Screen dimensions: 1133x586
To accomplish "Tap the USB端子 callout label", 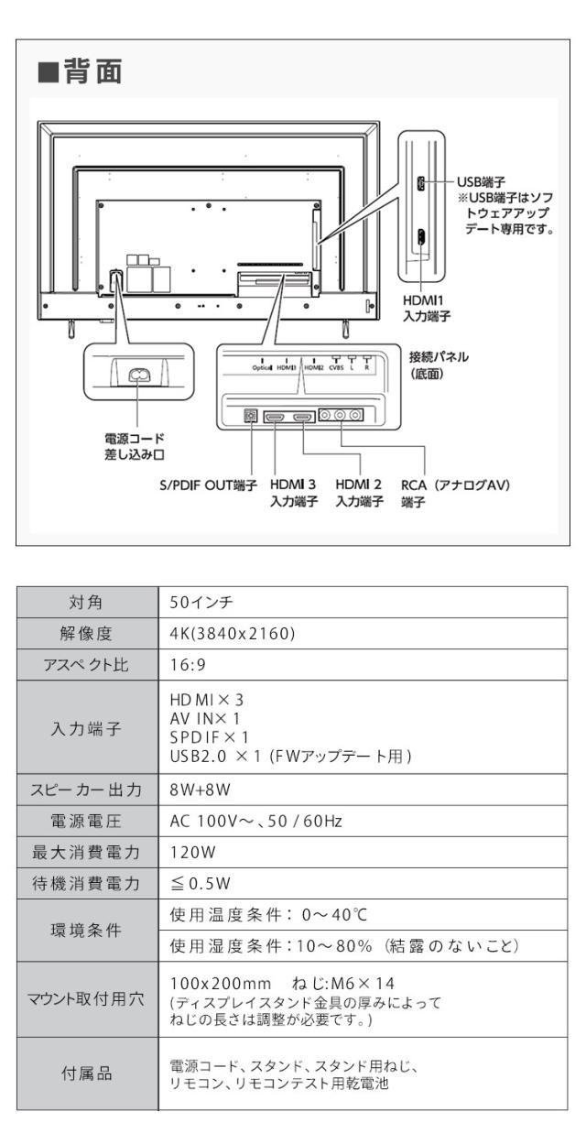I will tap(484, 183).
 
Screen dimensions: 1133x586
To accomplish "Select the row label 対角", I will tap(84, 604).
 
